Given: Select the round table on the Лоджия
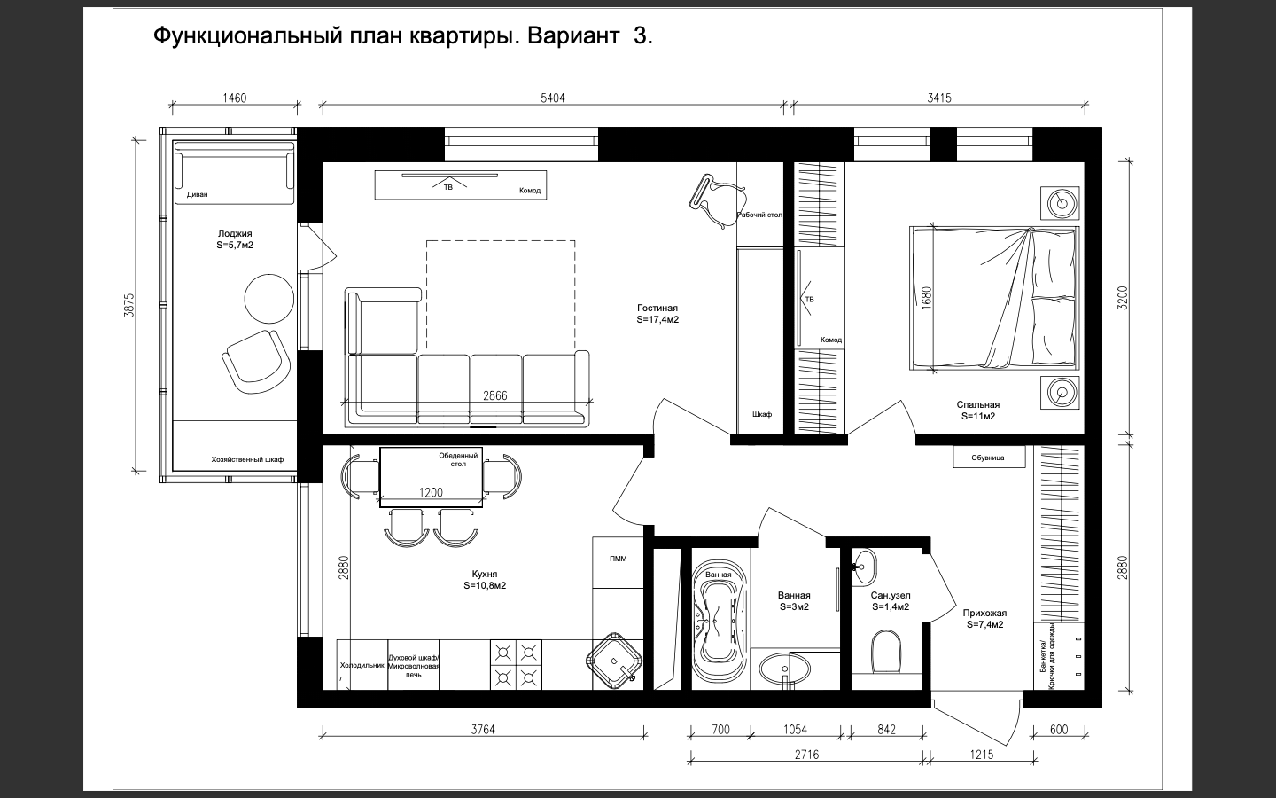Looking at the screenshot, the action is (x=268, y=299).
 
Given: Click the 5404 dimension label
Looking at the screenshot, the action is (x=553, y=98).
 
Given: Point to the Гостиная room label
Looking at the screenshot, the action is (x=657, y=309).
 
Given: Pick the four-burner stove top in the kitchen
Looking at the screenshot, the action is (x=516, y=665).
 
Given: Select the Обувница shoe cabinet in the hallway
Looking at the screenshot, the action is (x=989, y=458).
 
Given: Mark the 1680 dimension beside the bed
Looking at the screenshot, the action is (x=926, y=298).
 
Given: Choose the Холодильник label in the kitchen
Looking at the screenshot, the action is (x=362, y=665).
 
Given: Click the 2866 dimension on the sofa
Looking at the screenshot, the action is (x=495, y=395).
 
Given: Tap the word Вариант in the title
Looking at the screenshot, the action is (x=573, y=35).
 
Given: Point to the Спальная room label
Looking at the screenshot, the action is (x=978, y=404).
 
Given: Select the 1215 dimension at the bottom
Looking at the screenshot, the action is (x=982, y=755).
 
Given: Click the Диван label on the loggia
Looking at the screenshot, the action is (x=197, y=194).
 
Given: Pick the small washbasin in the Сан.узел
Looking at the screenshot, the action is (x=864, y=567).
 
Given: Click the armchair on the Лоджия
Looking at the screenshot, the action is (x=256, y=363).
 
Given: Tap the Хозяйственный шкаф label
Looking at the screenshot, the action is (x=247, y=459).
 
